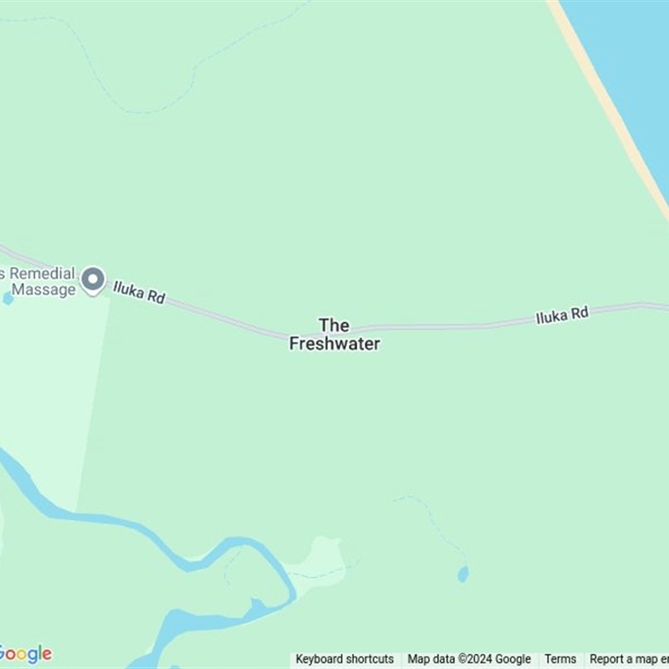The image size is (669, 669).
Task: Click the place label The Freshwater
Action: [x=334, y=334]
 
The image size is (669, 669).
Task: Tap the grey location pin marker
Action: [x=93, y=280]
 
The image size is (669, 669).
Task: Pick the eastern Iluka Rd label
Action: [x=562, y=315]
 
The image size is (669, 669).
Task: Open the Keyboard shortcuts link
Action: [x=345, y=659]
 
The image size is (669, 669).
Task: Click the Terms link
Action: [x=560, y=659]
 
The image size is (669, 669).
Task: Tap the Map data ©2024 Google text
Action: [x=469, y=659]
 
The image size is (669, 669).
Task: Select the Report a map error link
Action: [x=629, y=659]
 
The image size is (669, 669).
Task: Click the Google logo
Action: [x=25, y=654]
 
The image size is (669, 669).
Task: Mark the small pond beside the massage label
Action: [x=8, y=298]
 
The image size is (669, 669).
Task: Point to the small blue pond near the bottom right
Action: [x=462, y=574]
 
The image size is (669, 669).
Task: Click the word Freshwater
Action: [x=334, y=343]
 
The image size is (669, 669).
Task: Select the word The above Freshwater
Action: [x=334, y=324]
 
